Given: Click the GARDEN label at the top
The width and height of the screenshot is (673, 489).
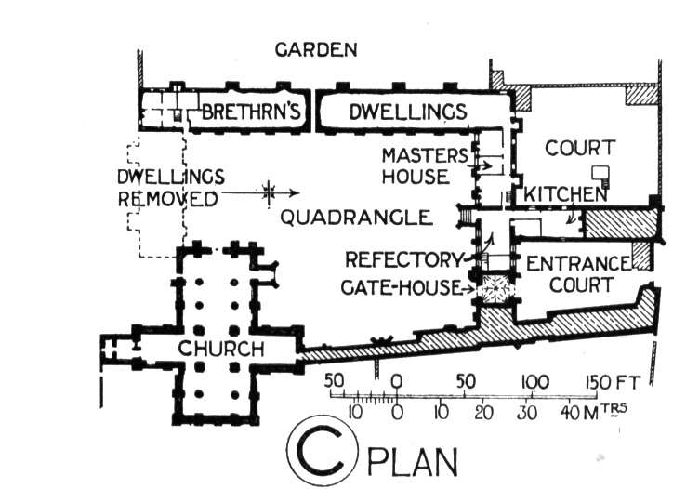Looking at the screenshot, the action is (316, 50).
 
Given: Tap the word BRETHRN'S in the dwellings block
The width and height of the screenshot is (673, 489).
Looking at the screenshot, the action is (250, 112).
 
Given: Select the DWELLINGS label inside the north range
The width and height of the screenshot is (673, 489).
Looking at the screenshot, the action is (408, 112).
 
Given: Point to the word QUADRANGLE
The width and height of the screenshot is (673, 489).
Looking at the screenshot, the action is (356, 218).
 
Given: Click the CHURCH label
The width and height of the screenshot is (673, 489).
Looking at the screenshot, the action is (221, 349).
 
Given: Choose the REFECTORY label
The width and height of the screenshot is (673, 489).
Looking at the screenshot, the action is (403, 259).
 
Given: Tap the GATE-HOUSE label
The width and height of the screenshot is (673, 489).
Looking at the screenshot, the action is (401, 287).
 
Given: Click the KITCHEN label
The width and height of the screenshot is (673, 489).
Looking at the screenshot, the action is (565, 194).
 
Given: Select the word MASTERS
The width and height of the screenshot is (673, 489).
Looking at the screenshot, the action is (425, 155).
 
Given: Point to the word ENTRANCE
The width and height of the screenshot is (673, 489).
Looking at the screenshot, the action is (577, 264).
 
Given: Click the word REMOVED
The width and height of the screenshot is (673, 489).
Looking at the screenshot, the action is (167, 199).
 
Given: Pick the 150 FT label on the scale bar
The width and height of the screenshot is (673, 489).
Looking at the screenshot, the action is (613, 382).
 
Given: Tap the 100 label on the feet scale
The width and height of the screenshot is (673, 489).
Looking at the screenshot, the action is (534, 382).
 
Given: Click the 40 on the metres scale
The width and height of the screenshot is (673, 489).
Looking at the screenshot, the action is (569, 412).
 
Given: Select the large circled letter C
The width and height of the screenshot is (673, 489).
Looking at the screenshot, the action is (322, 450).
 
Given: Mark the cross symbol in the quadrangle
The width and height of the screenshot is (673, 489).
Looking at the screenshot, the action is (269, 192).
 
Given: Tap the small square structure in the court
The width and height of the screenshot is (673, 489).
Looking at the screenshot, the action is (600, 174).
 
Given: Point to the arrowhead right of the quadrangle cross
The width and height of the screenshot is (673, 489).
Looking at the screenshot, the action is (295, 192).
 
